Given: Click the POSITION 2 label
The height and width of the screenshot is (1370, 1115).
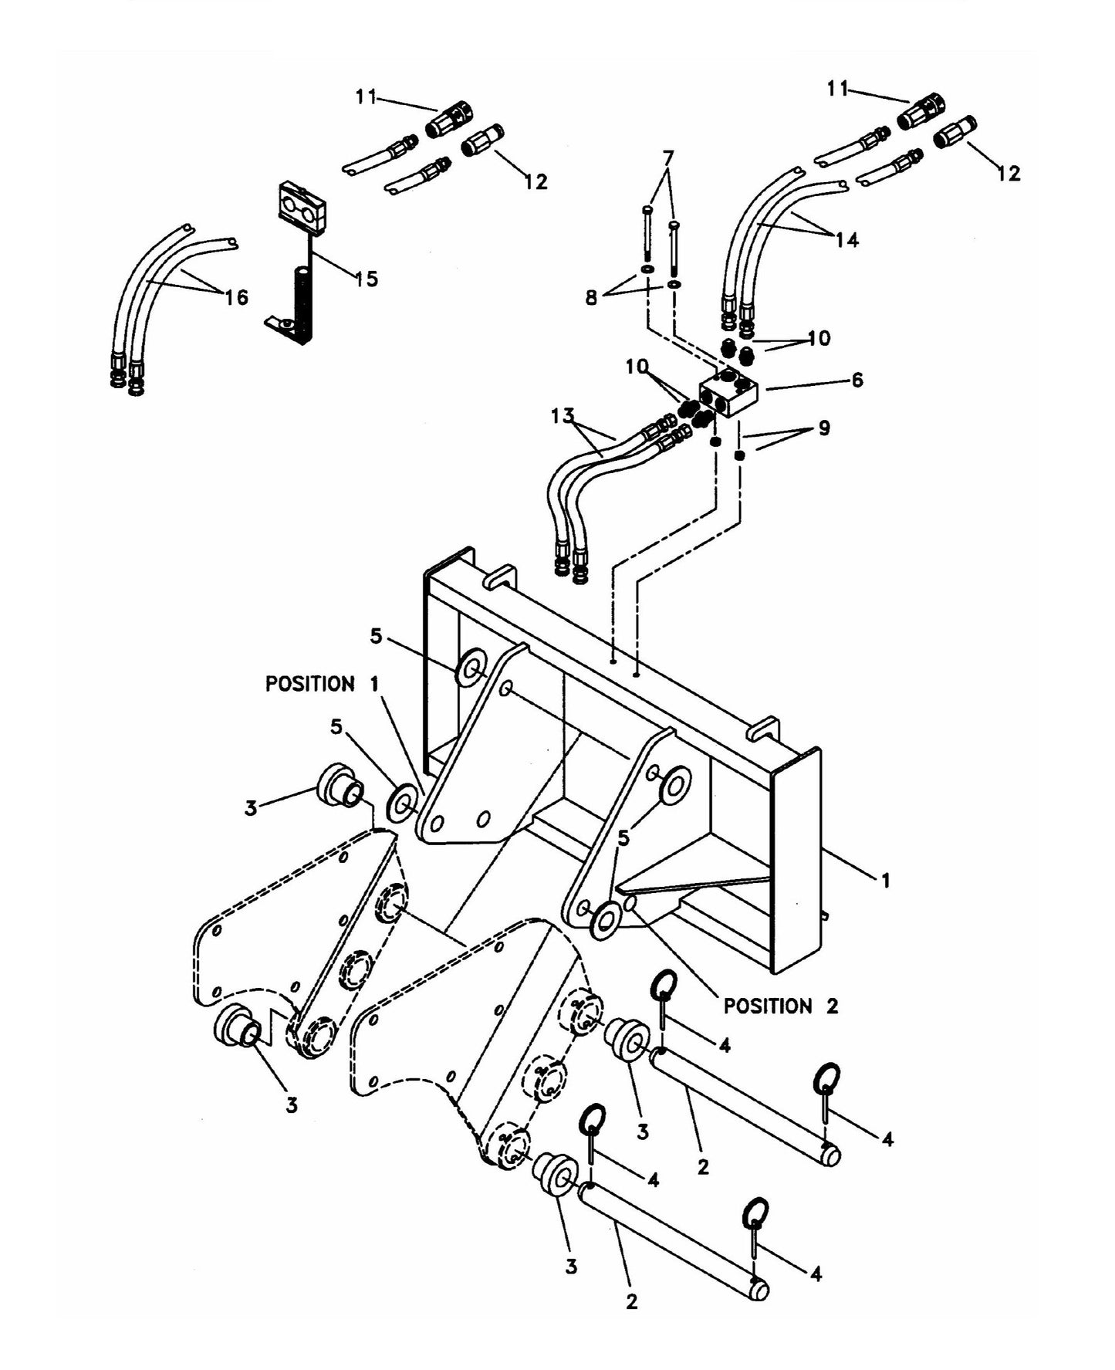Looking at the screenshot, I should coord(780,1006).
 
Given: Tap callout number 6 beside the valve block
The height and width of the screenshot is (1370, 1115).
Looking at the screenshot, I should coord(857,380).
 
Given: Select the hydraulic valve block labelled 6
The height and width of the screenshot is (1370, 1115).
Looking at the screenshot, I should coord(729,393).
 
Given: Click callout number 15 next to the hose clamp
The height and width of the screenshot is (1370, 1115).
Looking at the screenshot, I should coord(367,279).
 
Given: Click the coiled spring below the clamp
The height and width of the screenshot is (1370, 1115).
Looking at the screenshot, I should coord(300,303).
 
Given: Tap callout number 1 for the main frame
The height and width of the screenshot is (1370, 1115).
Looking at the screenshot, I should coord(886,880).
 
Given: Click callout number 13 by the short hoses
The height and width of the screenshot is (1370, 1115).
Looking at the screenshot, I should coord(563,416).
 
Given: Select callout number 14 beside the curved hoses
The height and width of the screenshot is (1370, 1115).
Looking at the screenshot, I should coord(846,240).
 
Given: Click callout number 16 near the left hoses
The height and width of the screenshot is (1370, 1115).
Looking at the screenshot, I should coord(237,296).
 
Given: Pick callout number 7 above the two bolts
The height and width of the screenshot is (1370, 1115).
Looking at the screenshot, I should coord(668,158).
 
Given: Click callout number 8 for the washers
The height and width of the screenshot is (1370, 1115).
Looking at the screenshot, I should coord(592,298).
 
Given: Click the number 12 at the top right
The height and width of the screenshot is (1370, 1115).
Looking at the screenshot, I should coord(1009,174).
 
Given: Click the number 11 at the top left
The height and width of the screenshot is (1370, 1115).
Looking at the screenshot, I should coord(366,97).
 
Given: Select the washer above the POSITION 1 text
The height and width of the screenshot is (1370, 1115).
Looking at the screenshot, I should coord(471,666).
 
